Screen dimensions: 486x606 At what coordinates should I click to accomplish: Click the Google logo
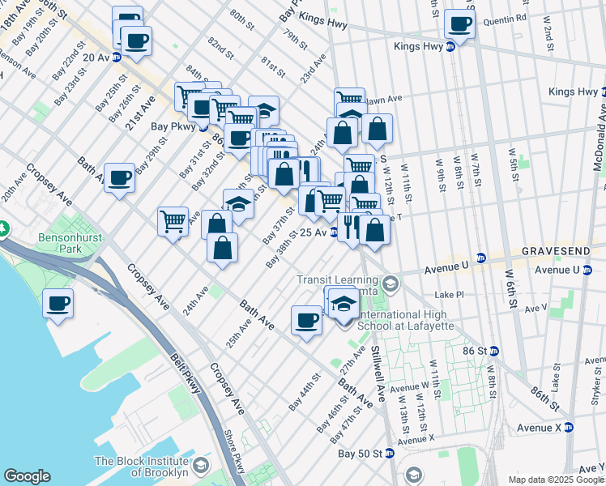click(27, 476)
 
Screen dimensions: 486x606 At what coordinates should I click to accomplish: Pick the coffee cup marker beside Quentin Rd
click(460, 24)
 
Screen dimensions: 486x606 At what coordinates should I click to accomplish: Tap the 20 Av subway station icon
click(117, 58)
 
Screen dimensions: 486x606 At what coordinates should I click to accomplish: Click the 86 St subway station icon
click(494, 351)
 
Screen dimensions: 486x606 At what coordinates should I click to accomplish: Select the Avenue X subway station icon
click(569, 427)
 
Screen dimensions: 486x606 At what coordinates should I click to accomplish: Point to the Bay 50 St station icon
click(390, 454)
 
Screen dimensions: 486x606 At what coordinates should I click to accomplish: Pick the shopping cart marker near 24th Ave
click(173, 220)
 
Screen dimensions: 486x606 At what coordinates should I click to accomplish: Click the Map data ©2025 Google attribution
click(556, 480)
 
